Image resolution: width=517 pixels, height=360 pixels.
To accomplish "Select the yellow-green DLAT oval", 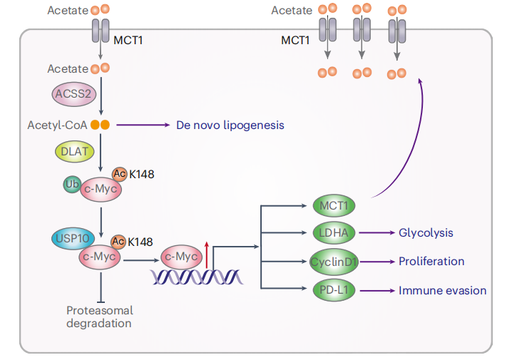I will pyautogui.click(x=73, y=150).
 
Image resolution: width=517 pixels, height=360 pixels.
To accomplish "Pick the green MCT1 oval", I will pyautogui.click(x=334, y=206).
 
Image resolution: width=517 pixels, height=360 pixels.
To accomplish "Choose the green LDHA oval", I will pyautogui.click(x=334, y=233).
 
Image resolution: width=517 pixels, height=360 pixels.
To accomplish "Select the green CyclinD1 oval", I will pyautogui.click(x=334, y=262).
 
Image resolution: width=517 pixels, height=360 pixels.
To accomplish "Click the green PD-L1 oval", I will pyautogui.click(x=334, y=290).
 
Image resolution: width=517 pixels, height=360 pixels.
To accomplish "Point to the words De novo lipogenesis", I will pyautogui.click(x=230, y=125).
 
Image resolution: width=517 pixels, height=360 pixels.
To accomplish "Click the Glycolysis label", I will pyautogui.click(x=426, y=233).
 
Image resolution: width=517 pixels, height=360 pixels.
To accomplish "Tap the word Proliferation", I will pyautogui.click(x=431, y=262).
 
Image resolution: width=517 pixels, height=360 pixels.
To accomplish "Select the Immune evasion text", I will pyautogui.click(x=442, y=291).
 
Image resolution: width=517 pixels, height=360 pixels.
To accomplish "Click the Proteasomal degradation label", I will pyautogui.click(x=99, y=317).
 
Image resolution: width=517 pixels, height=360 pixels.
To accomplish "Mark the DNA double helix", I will pyautogui.click(x=197, y=276).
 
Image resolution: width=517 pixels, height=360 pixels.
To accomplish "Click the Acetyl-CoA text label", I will pyautogui.click(x=57, y=125).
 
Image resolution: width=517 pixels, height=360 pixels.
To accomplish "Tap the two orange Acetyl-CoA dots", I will pyautogui.click(x=100, y=125).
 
